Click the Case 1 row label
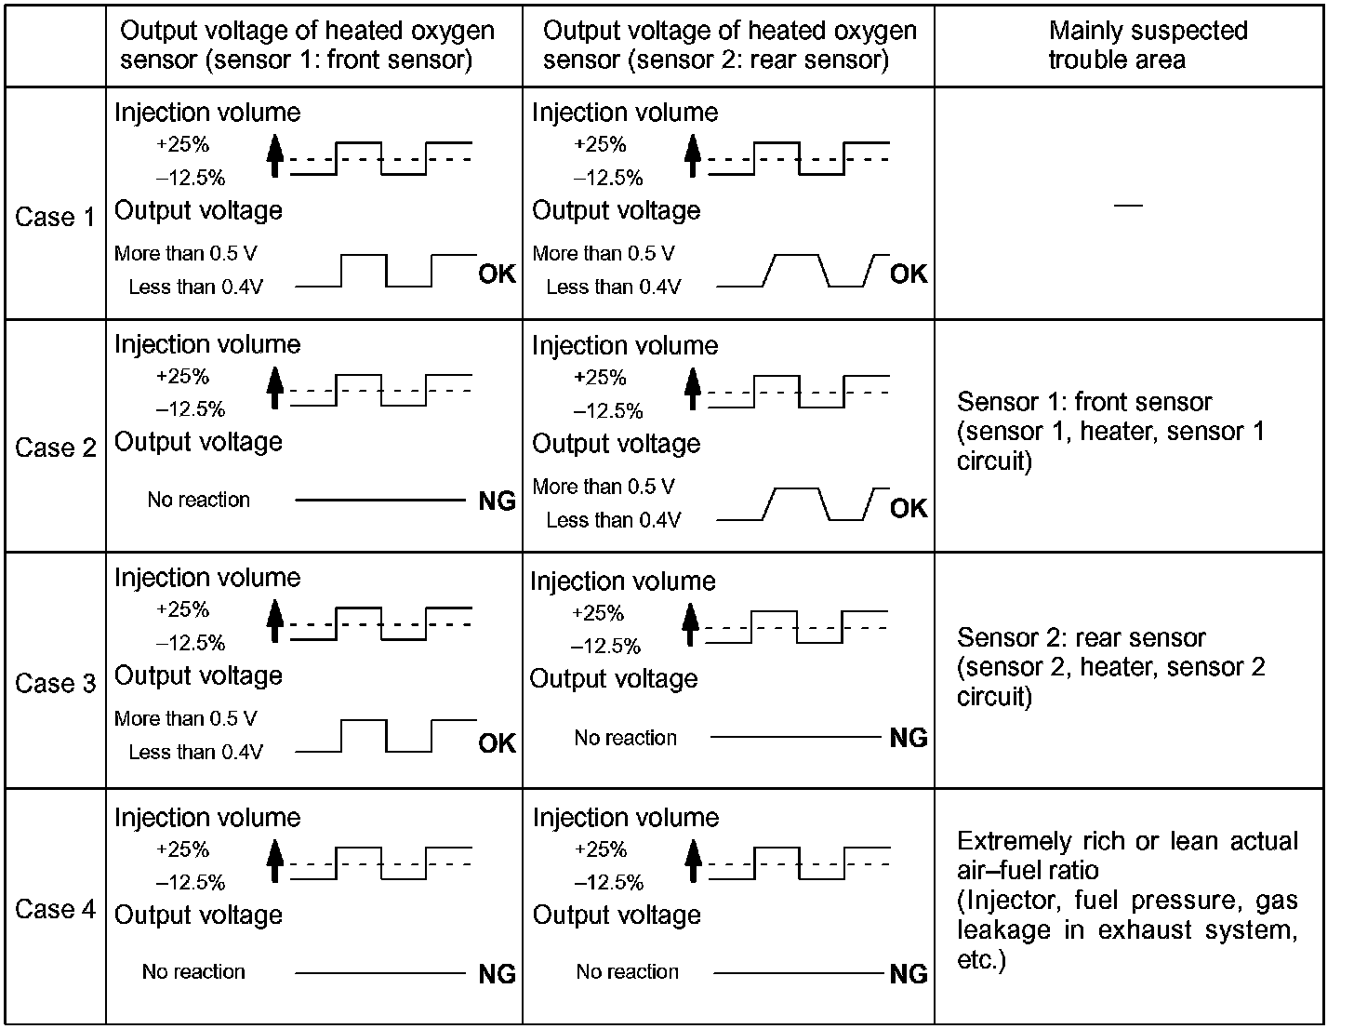pyautogui.click(x=55, y=217)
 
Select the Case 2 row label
pyautogui.click(x=55, y=448)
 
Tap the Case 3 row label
pyautogui.click(x=55, y=683)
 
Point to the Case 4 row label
pyautogui.click(x=55, y=909)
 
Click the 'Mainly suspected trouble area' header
pyautogui.click(x=1148, y=45)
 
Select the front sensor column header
pyautogui.click(x=307, y=45)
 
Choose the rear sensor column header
pyautogui.click(x=729, y=45)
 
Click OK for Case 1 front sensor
pyautogui.click(x=497, y=274)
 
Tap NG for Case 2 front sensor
pyautogui.click(x=497, y=501)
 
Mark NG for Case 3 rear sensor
pyautogui.click(x=909, y=738)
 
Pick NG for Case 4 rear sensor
pyautogui.click(x=909, y=974)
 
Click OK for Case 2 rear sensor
pyautogui.click(x=909, y=508)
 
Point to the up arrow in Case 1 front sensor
pyautogui.click(x=273, y=154)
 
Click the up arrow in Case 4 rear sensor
pyautogui.click(x=692, y=860)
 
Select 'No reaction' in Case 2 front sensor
pyautogui.click(x=199, y=500)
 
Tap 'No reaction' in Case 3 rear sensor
pyautogui.click(x=625, y=738)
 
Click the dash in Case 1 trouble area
pyautogui.click(x=1128, y=205)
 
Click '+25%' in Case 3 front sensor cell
pyautogui.click(x=182, y=609)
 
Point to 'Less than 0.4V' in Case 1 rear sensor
pyautogui.click(x=613, y=287)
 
